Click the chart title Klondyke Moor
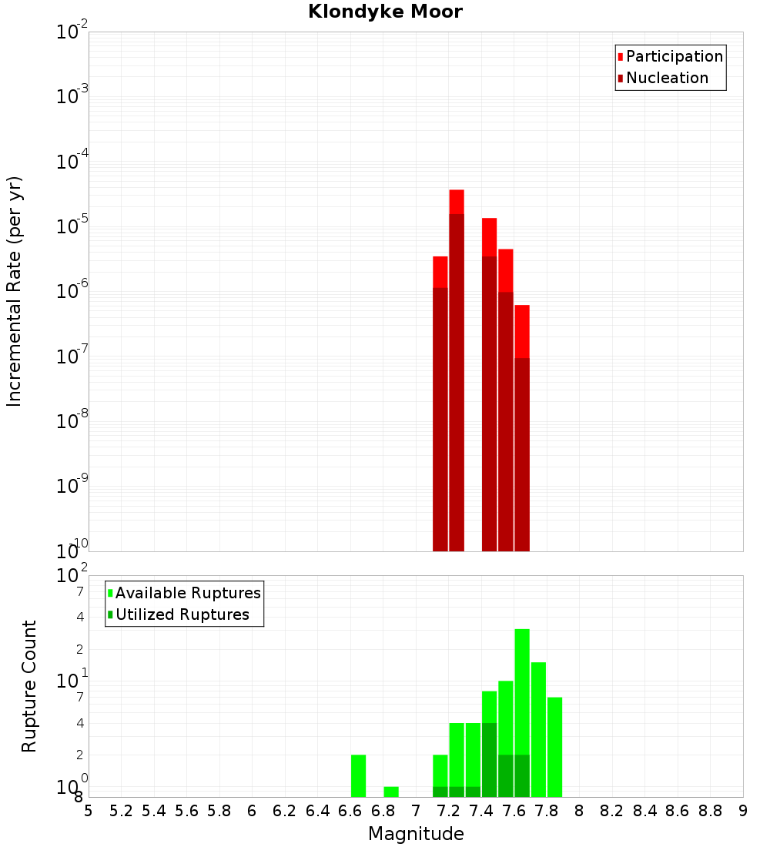[385, 12]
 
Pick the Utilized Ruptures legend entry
[181, 614]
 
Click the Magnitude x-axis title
[416, 834]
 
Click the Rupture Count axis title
[29, 685]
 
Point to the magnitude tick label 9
[743, 811]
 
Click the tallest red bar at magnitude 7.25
[457, 370]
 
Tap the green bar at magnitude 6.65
[358, 775]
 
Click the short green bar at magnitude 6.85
[391, 792]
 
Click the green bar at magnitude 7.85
[555, 747]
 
